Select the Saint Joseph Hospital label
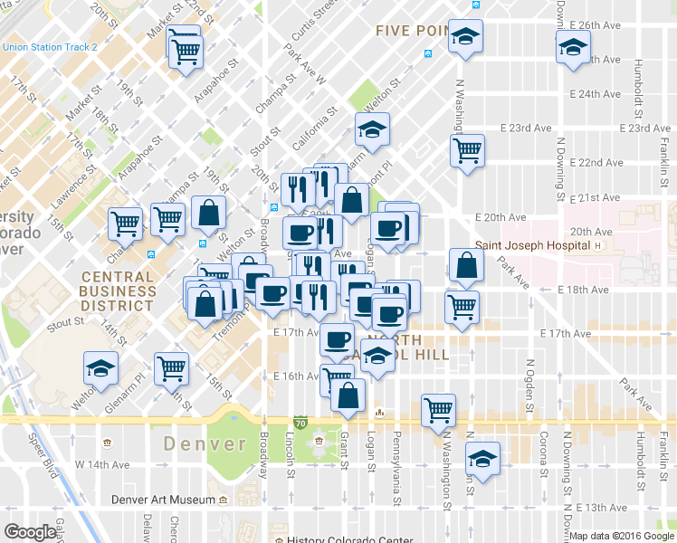point(533,245)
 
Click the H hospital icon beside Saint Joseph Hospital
point(598,245)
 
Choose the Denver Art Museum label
point(163,500)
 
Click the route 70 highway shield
point(300,421)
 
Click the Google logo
point(30,532)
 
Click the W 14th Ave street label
point(103,464)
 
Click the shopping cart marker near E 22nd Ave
point(467,151)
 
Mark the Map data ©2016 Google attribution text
point(621,535)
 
